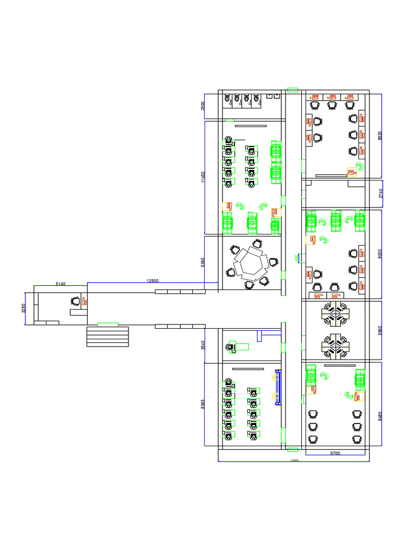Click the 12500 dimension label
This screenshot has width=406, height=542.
click(x=152, y=281)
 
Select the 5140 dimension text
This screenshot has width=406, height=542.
click(x=61, y=284)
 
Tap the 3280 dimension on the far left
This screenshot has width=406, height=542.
click(x=23, y=308)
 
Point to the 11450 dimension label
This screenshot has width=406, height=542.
click(x=202, y=177)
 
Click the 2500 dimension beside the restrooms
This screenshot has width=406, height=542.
click(x=202, y=106)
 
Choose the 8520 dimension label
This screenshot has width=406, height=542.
click(x=380, y=135)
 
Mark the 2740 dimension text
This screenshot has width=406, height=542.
click(x=381, y=193)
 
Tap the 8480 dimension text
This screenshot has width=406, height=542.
click(x=380, y=416)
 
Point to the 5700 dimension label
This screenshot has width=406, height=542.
click(x=335, y=453)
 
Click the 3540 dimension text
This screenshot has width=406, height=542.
click(x=202, y=345)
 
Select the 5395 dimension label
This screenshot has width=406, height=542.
click(x=202, y=262)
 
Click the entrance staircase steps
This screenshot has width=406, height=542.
click(x=107, y=337)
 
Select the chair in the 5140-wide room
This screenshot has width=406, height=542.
click(x=76, y=302)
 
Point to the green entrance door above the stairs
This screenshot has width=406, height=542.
click(x=107, y=324)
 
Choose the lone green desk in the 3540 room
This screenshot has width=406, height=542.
click(x=241, y=346)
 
